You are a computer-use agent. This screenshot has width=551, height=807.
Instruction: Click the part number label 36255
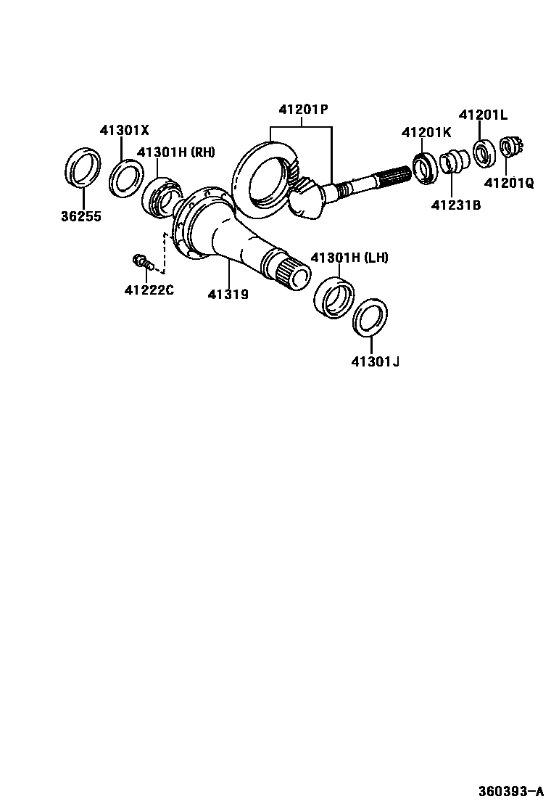tap(80, 216)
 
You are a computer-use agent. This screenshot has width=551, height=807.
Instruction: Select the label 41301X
tap(124, 131)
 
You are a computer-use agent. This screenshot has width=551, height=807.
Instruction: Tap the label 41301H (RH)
tap(176, 152)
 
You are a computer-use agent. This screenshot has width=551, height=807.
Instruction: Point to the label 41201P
tap(303, 110)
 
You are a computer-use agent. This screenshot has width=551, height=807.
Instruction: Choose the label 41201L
tap(483, 115)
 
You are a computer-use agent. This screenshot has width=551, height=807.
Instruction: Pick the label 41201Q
tap(509, 184)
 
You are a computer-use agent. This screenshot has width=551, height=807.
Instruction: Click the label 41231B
tap(456, 205)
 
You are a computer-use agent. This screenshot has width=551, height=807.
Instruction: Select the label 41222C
tap(149, 291)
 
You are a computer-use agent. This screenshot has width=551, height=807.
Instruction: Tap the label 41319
tap(228, 294)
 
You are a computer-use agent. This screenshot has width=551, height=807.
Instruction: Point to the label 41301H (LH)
tap(349, 258)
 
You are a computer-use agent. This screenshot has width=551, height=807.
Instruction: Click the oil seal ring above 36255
tap(83, 168)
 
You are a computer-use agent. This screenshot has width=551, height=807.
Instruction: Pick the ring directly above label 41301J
tap(370, 316)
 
